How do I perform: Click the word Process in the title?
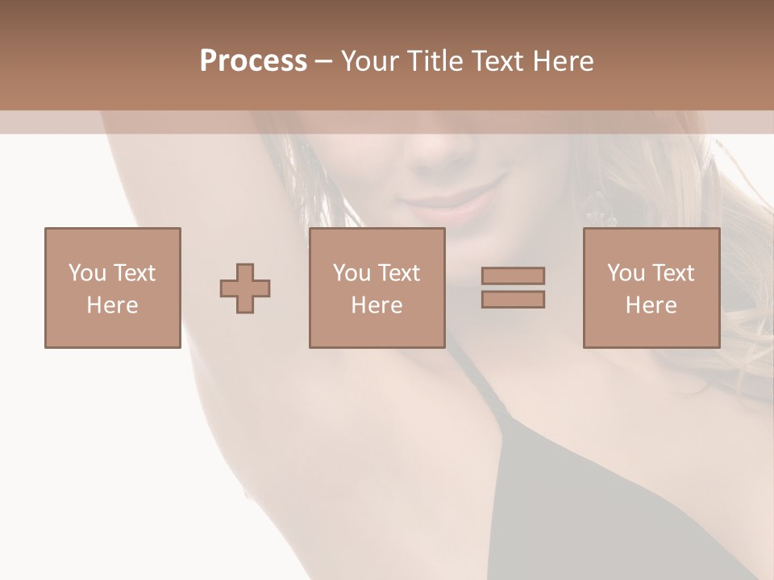coord(253,61)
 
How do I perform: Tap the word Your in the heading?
coord(371,61)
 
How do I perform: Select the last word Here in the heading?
coord(563,61)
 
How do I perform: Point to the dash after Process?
coord(324,62)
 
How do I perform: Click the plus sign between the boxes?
coord(245,288)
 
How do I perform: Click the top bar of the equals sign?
coord(513,276)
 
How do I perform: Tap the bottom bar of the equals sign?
coord(513,299)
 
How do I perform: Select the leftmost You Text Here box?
coord(113,288)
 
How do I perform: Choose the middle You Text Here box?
coord(377,288)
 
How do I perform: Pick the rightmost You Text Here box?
coord(651,288)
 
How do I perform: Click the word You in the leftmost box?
coord(87,273)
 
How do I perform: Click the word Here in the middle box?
coord(377,305)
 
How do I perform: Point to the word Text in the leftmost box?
coord(134,273)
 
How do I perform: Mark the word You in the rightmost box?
coord(626,273)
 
